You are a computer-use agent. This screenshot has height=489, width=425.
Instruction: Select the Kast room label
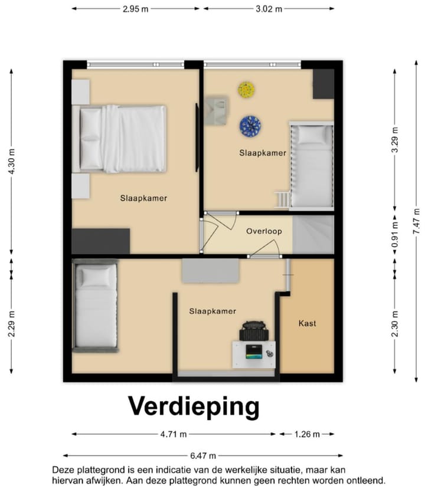pyautogui.click(x=307, y=323)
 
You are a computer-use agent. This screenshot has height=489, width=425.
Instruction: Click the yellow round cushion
pyautogui.click(x=247, y=90)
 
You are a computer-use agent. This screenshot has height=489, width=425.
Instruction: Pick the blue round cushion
pyautogui.click(x=250, y=126)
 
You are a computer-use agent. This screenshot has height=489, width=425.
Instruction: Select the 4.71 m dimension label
pyautogui.click(x=173, y=434)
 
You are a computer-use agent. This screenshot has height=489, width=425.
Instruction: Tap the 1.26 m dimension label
pyautogui.click(x=306, y=434)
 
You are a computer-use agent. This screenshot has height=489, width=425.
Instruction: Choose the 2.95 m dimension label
pyautogui.click(x=136, y=9)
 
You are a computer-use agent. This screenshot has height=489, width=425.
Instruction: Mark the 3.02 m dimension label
pyautogui.click(x=269, y=9)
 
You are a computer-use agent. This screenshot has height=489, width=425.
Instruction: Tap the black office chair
pyautogui.click(x=254, y=330)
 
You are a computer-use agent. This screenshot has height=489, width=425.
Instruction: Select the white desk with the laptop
pyautogui.click(x=254, y=354)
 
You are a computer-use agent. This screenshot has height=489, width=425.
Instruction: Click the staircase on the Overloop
pyautogui.click(x=313, y=234)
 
